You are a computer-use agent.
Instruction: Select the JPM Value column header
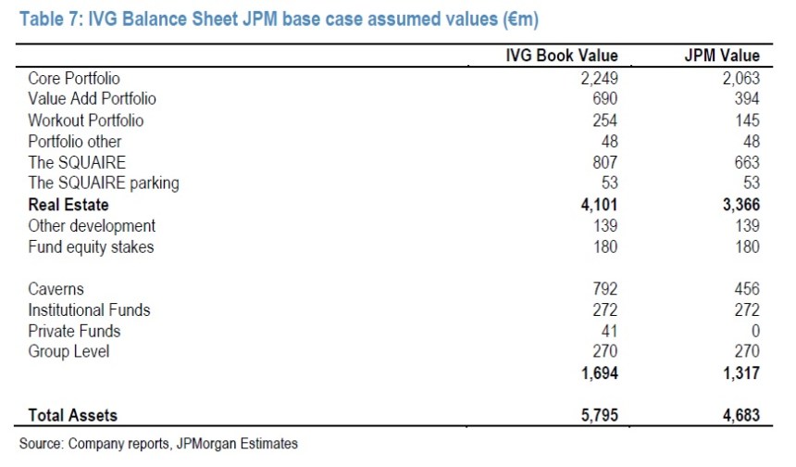[x=720, y=56]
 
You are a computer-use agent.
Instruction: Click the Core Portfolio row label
[x=74, y=79]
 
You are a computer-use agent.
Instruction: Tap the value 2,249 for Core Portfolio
[x=598, y=79]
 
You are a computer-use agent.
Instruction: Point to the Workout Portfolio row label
[x=86, y=120]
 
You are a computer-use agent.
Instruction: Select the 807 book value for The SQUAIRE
[x=603, y=162]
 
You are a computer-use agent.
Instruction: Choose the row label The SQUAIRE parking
[x=104, y=183]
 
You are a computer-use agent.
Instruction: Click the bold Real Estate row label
[x=68, y=205]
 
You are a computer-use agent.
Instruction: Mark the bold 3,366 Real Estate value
[x=740, y=205]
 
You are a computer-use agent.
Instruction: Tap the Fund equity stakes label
[x=91, y=246]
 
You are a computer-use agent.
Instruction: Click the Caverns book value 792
[x=603, y=289]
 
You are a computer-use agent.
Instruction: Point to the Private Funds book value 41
[x=608, y=331]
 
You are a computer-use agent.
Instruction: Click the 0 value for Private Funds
[x=753, y=331]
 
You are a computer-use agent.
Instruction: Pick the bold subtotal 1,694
[x=598, y=373]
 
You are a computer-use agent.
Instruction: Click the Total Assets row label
[x=73, y=415]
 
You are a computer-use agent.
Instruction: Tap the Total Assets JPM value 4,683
[x=740, y=415]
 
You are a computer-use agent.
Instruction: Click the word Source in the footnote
[x=41, y=444]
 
